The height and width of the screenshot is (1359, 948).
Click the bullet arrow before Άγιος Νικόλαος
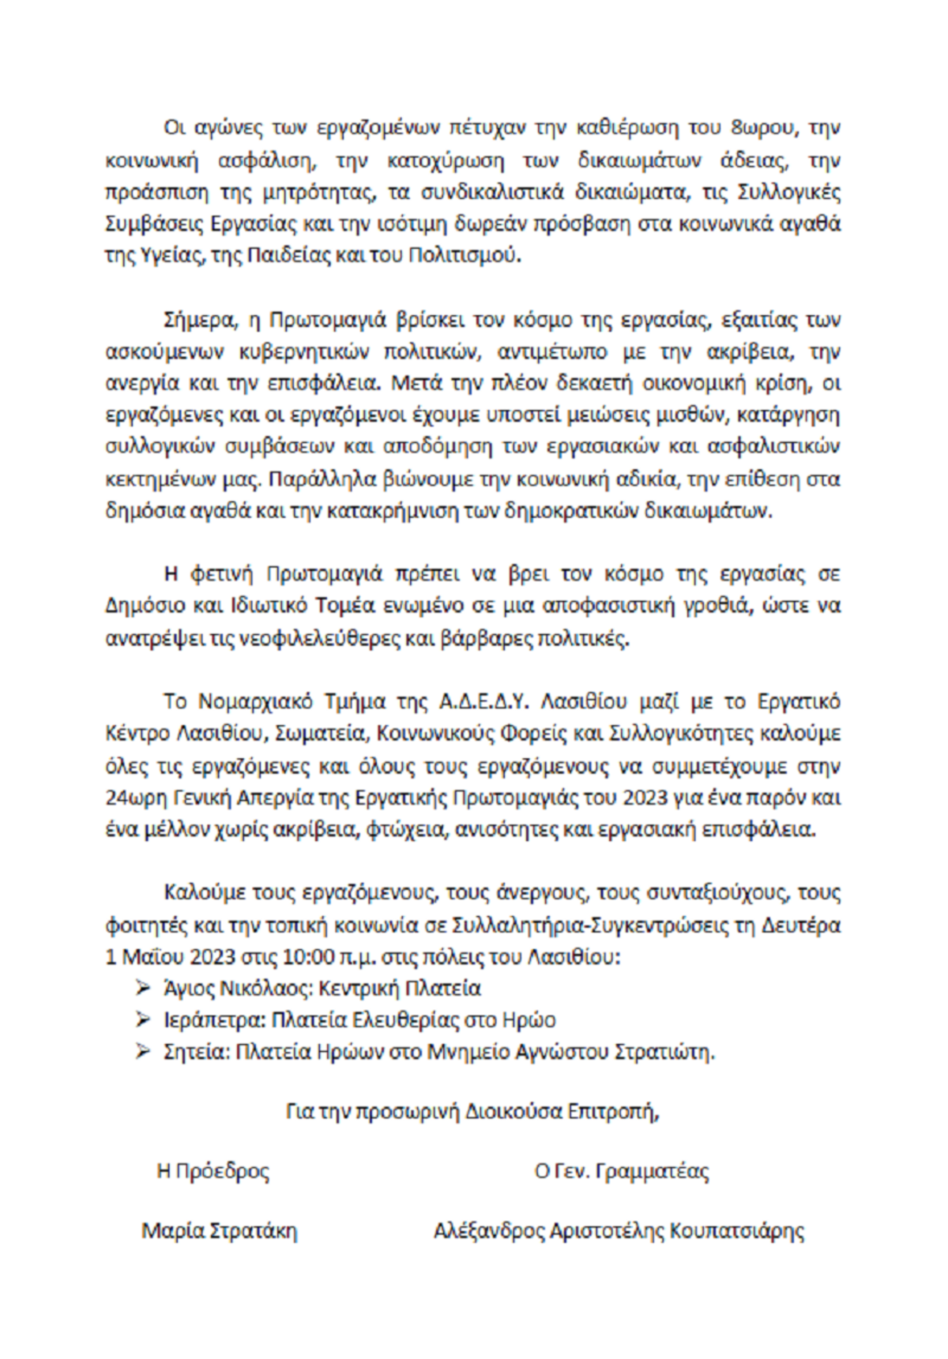(x=143, y=988)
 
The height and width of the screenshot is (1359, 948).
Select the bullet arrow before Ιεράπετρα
(x=143, y=1019)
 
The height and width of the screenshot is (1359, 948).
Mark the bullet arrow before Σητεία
(x=143, y=1052)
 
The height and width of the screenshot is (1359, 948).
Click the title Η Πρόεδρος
(x=213, y=1170)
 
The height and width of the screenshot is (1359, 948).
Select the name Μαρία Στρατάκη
(x=219, y=1231)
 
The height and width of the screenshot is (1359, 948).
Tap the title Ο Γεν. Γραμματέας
(x=621, y=1170)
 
